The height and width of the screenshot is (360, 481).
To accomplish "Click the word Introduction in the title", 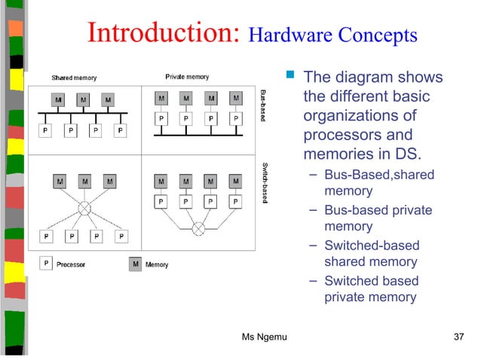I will tap(162, 34).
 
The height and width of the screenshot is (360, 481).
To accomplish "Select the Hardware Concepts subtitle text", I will tap(332, 35).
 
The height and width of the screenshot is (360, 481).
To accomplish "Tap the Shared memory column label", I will tap(73, 78).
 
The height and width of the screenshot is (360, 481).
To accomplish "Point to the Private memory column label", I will tap(187, 77).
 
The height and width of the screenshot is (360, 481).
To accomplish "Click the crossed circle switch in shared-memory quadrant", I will tap(84, 207).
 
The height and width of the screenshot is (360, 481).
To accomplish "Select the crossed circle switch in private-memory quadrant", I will tap(198, 227).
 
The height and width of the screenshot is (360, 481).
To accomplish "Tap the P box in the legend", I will tap(47, 264).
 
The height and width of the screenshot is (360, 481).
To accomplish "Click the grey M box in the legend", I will tap(135, 264).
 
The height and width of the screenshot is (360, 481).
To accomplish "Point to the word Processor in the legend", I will tap(71, 264).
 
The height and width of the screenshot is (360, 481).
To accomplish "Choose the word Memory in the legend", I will tap(157, 264).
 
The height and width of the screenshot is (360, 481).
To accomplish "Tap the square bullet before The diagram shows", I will tap(290, 77).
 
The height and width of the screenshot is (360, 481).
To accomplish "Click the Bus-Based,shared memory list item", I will tap(378, 183).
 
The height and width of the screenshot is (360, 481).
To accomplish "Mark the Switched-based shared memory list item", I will tap(371, 254).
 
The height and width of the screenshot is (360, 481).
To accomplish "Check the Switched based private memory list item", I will tap(370, 289).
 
